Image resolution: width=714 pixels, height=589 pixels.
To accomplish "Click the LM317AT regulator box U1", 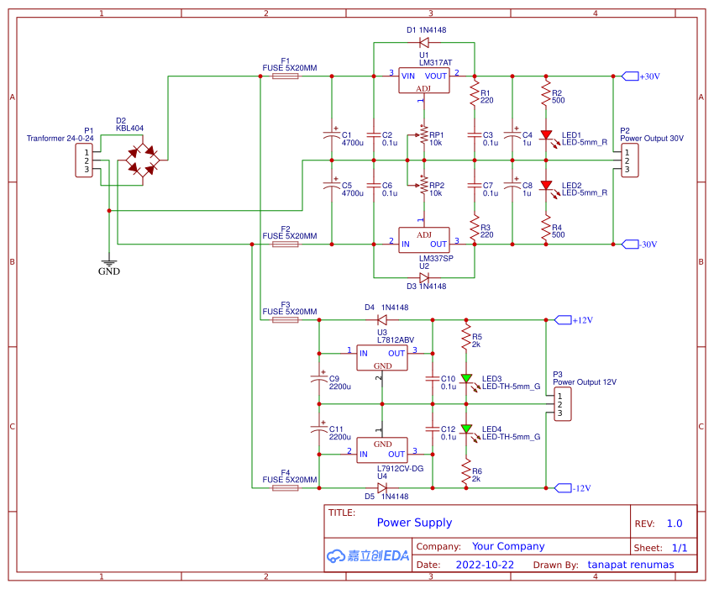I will [424, 81].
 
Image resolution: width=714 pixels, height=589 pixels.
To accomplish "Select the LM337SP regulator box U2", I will [424, 239].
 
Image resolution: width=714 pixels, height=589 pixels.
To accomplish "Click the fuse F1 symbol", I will [286, 76].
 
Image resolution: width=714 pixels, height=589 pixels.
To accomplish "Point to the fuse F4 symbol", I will [286, 487].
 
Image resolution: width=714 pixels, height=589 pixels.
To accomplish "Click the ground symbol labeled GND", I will [108, 265].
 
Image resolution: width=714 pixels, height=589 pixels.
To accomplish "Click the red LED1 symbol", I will [547, 134].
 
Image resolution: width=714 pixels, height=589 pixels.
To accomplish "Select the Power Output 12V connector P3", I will [561, 404].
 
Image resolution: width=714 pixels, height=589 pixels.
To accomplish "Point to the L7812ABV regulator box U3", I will [382, 358].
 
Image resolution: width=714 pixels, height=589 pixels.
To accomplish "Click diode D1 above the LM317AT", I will [424, 41].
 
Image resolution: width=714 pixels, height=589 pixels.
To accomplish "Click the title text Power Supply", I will [414, 523].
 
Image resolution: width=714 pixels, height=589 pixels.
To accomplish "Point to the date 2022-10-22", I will [485, 565].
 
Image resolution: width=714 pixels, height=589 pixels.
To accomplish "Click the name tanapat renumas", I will [631, 565].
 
